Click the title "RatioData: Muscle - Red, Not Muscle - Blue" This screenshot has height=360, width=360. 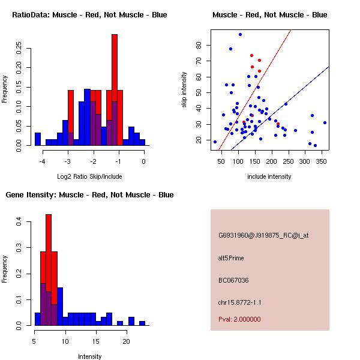point(89,14)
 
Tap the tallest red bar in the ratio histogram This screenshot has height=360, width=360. point(115,90)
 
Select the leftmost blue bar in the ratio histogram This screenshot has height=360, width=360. point(37,139)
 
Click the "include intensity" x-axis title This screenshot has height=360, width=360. point(269,176)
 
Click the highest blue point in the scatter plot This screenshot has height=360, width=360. point(240,34)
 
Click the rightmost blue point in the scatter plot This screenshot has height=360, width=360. point(325,122)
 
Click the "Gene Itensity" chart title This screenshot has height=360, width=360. point(89,194)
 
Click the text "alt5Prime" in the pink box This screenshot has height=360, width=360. point(231,258)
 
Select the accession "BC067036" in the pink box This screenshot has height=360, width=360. point(233,280)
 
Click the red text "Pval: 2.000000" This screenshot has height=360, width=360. point(239,319)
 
